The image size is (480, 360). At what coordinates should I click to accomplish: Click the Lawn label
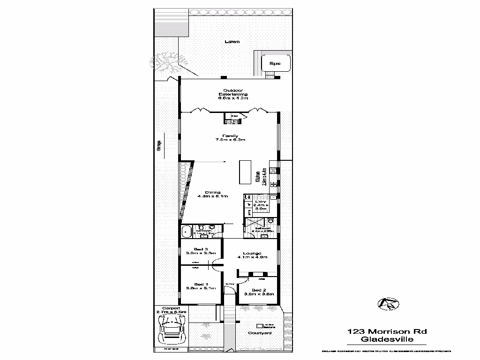click(232, 42)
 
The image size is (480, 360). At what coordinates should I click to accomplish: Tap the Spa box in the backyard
click(275, 63)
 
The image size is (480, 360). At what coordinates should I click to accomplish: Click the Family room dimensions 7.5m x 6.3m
click(230, 140)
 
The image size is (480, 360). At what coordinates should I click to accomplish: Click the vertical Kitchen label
click(258, 176)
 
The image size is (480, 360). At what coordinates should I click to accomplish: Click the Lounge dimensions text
click(252, 257)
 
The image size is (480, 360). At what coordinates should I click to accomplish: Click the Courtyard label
click(260, 333)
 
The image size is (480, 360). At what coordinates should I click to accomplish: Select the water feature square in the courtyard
click(260, 325)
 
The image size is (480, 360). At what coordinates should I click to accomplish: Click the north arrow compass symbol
click(388, 304)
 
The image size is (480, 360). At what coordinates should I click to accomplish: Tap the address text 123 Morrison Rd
click(387, 331)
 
